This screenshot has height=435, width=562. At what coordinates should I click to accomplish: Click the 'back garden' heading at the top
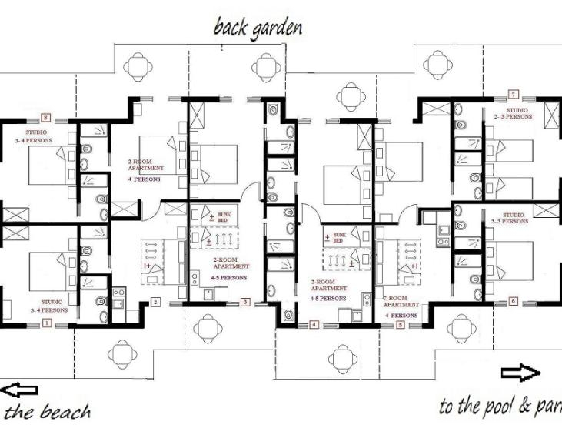(x=258, y=28)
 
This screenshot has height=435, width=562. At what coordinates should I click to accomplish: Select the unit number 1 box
(x=47, y=324)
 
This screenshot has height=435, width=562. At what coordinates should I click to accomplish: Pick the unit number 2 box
(x=155, y=303)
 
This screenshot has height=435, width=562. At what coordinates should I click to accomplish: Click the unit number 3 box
(x=245, y=303)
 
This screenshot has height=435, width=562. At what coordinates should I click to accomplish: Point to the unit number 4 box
(x=314, y=325)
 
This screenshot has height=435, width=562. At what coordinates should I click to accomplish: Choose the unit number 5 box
(x=401, y=325)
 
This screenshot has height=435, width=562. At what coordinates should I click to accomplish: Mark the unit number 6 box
(x=513, y=301)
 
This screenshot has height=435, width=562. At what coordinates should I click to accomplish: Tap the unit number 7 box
(x=513, y=95)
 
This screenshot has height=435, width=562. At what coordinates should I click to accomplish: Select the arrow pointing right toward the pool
(x=520, y=374)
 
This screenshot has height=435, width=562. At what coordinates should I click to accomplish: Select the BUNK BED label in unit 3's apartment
(x=224, y=217)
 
